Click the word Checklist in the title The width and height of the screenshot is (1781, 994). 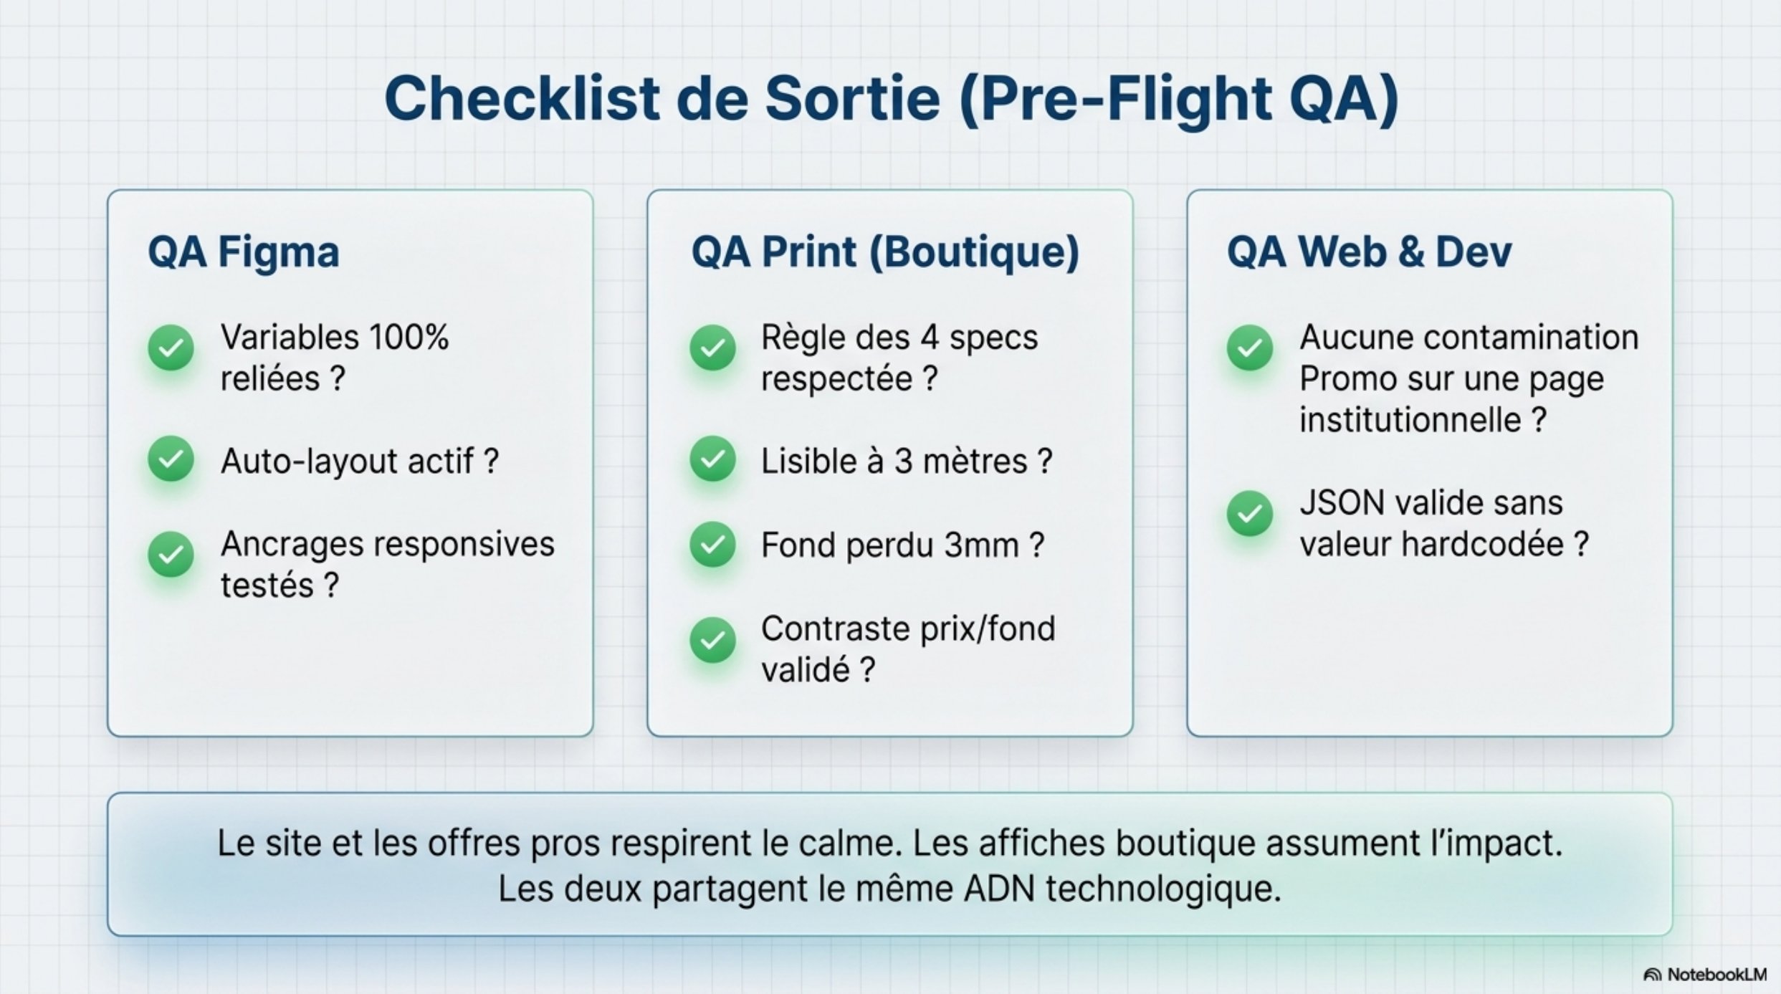tap(522, 99)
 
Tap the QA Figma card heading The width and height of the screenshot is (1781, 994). tap(244, 252)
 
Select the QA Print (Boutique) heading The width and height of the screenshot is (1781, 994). tap(885, 252)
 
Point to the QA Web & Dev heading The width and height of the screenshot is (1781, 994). tap(1369, 252)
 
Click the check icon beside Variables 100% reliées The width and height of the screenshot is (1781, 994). tap(171, 348)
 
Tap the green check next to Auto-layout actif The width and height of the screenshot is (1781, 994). tap(171, 459)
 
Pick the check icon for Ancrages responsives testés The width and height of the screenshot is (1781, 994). tap(171, 555)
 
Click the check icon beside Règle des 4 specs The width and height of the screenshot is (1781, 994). tap(712, 348)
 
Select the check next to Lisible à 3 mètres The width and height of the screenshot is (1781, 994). tap(712, 459)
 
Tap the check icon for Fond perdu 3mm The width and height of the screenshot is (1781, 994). tap(712, 545)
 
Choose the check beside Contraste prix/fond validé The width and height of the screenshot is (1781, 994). tap(712, 640)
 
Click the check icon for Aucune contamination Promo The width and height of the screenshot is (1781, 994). tap(1250, 348)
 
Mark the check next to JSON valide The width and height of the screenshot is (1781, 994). tap(1250, 514)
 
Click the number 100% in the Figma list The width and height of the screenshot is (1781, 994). tap(409, 338)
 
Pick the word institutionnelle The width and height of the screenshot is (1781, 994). tap(1410, 420)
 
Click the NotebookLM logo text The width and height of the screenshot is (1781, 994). tap(1716, 975)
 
